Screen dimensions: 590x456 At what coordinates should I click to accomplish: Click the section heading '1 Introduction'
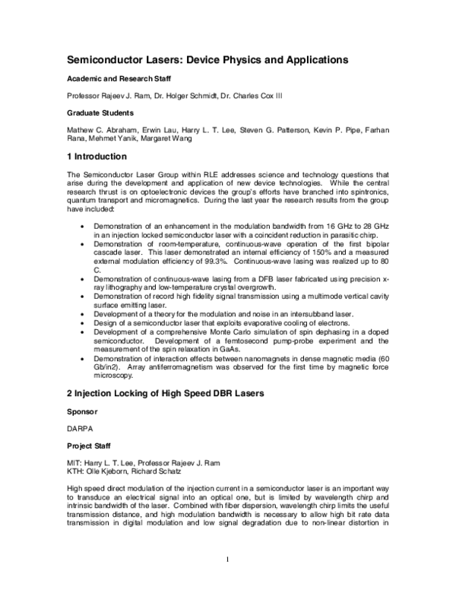(x=96, y=156)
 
